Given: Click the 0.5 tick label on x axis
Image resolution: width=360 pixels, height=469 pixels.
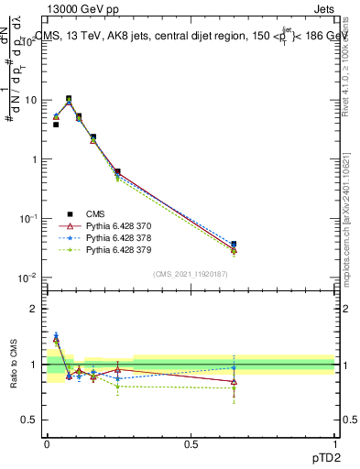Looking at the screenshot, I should click(x=191, y=442).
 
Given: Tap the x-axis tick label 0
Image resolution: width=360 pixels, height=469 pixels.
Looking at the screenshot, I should click(x=46, y=442).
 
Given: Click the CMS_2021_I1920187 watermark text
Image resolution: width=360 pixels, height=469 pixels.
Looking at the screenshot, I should click(x=190, y=273).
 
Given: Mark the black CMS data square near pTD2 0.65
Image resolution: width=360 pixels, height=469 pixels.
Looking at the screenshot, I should click(x=234, y=245).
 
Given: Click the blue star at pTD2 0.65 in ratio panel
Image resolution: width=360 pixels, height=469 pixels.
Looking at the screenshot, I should click(x=234, y=368).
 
